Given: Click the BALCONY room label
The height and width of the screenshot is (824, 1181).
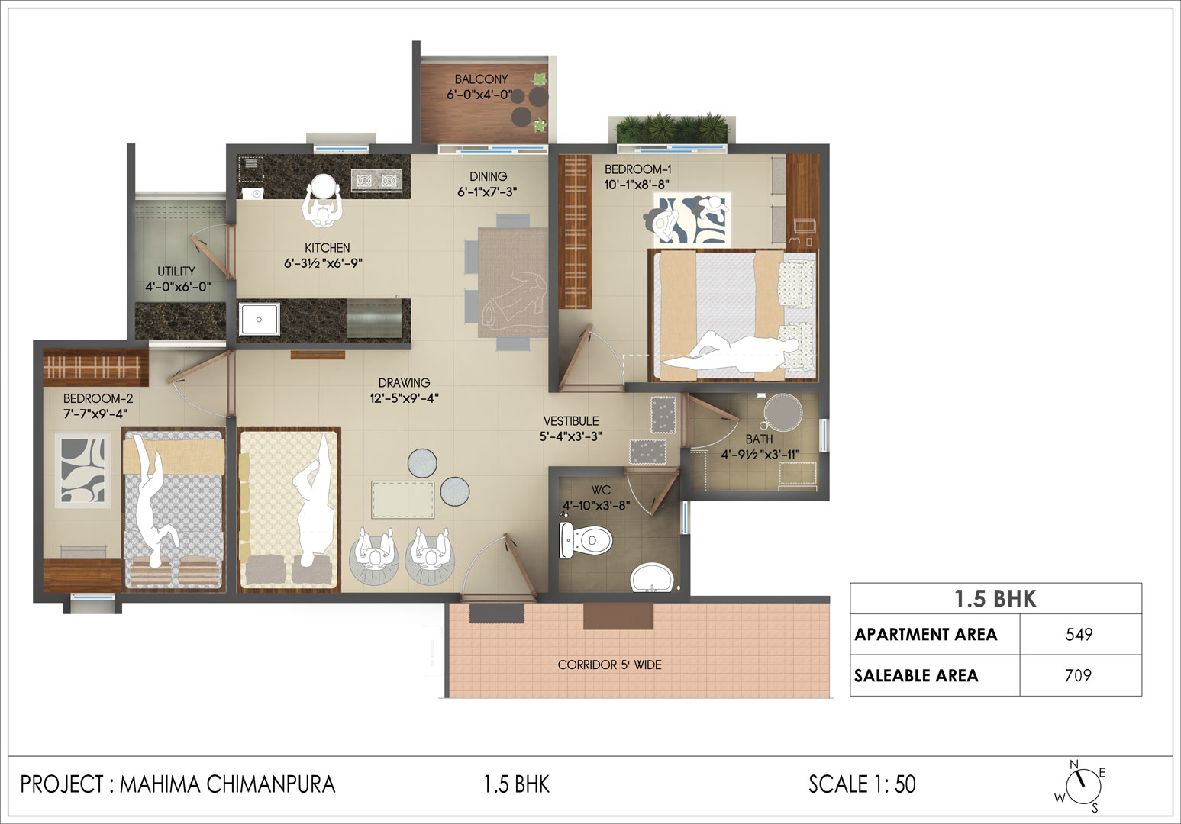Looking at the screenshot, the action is (481, 79).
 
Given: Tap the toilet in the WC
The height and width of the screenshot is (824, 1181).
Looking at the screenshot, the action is (586, 539).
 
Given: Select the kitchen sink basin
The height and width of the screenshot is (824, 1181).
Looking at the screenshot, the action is (259, 319).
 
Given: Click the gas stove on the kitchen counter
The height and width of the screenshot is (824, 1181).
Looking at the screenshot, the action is (376, 181).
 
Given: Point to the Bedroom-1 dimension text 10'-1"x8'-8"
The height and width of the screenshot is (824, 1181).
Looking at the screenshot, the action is (637, 185).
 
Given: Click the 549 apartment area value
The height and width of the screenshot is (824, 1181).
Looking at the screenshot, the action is (1079, 634).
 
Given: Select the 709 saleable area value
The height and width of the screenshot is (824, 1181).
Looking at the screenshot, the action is (1078, 675).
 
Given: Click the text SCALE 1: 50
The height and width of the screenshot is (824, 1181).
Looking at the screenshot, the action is (862, 784).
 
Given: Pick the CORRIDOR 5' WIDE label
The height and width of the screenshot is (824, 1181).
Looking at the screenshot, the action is (609, 665).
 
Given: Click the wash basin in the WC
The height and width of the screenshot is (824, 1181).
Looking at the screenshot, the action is (653, 578).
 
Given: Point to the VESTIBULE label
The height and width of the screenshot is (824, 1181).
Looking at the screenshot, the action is (571, 421).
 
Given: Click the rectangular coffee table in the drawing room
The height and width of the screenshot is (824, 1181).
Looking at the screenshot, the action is (403, 500).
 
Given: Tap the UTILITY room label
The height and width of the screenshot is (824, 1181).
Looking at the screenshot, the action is (176, 272).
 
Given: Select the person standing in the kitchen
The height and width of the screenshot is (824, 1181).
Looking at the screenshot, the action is (322, 201).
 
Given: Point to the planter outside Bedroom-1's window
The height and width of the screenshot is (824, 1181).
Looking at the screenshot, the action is (673, 128).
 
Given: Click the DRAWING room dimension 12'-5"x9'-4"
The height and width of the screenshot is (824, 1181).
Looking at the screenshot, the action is (404, 398).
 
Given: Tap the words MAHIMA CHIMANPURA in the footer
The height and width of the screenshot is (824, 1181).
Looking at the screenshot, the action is (227, 784).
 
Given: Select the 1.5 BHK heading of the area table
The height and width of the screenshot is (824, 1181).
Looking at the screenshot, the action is (995, 599).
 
